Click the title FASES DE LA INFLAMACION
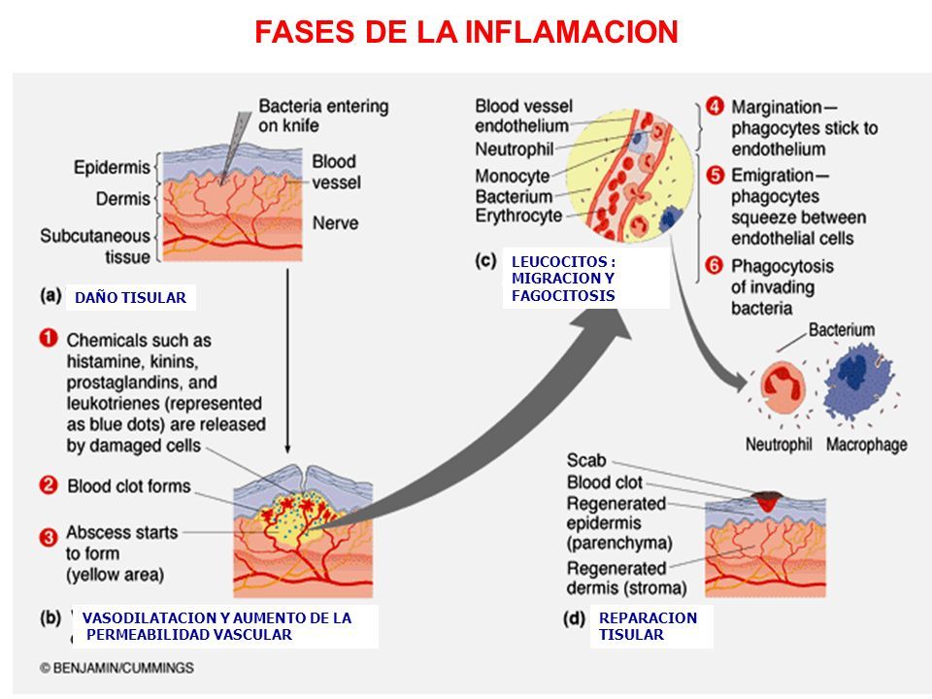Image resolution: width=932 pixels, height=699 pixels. [x=465, y=32]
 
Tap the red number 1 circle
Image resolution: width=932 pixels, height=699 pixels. [x=50, y=341]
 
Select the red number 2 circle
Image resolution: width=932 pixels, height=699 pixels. [x=50, y=484]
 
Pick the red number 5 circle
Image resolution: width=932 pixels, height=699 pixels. [x=714, y=176]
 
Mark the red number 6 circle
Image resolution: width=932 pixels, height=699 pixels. [x=714, y=265]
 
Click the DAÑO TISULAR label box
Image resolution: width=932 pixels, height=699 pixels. [x=130, y=298]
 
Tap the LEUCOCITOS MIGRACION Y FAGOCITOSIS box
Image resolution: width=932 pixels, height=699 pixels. [x=585, y=279]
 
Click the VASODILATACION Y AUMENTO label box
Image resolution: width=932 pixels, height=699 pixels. [x=225, y=626]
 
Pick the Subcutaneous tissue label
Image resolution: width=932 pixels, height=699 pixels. [x=95, y=246]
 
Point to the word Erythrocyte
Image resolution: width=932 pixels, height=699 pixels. [x=518, y=215]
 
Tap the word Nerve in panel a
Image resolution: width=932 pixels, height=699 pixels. [x=336, y=223]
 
